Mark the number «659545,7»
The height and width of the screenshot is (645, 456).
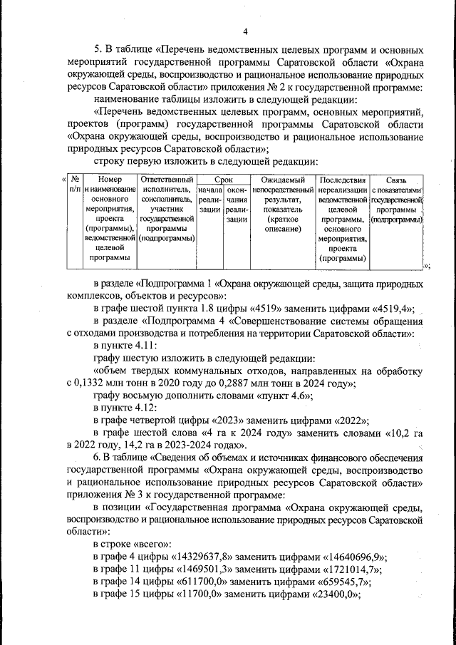point(340,583)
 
